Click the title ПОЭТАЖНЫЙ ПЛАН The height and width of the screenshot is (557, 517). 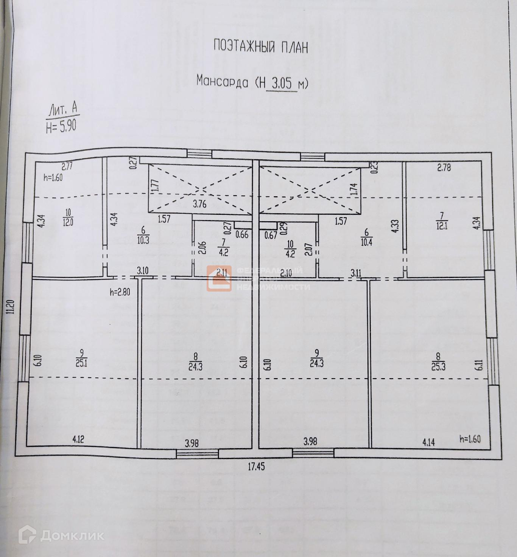pyautogui.click(x=261, y=47)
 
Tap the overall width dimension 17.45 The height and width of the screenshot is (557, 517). pyautogui.click(x=256, y=467)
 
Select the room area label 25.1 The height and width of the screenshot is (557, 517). pyautogui.click(x=81, y=363)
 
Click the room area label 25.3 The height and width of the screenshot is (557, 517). pyautogui.click(x=438, y=366)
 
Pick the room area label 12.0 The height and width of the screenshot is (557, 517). pyautogui.click(x=68, y=222)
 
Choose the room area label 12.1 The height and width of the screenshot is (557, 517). pyautogui.click(x=441, y=225)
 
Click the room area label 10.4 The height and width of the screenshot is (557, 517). pyautogui.click(x=366, y=242)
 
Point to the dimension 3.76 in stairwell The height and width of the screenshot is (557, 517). pyautogui.click(x=199, y=204)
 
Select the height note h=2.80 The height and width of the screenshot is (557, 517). pyautogui.click(x=119, y=292)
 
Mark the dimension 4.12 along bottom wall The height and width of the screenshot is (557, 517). pyautogui.click(x=78, y=439)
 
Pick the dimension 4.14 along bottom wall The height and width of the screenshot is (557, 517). pyautogui.click(x=428, y=442)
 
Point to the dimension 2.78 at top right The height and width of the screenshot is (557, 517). pyautogui.click(x=444, y=167)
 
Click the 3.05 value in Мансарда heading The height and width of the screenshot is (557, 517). pyautogui.click(x=282, y=83)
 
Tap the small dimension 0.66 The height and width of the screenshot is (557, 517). pyautogui.click(x=242, y=234)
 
